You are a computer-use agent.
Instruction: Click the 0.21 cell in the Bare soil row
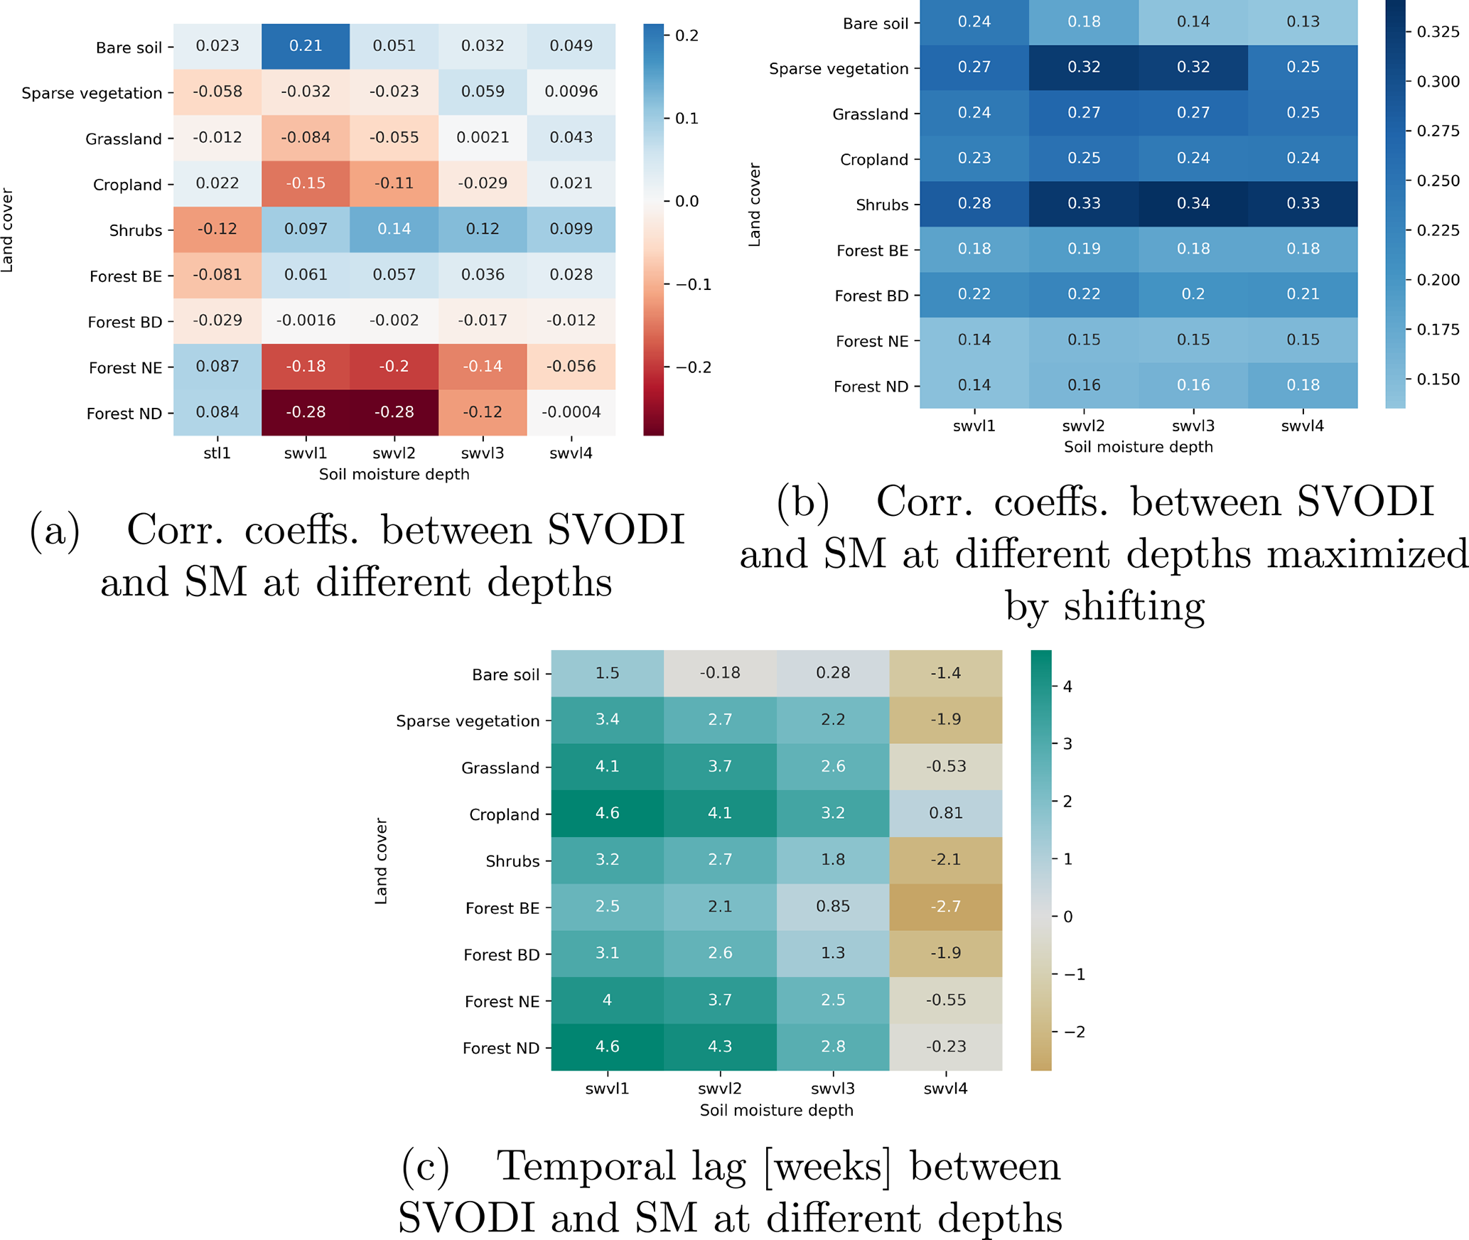pos(306,46)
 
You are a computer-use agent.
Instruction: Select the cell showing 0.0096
pos(571,92)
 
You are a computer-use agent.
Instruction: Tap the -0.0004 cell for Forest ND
pos(571,412)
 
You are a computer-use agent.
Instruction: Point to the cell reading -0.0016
pos(306,320)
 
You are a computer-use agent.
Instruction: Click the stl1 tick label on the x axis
pos(217,453)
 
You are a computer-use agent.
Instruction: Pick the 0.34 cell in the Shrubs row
pos(1193,204)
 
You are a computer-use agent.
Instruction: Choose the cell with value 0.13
pos(1302,22)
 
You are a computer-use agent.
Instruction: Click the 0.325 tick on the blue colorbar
pos(1438,32)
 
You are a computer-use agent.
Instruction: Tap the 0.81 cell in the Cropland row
pos(945,813)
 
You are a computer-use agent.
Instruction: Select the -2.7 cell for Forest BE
pos(945,907)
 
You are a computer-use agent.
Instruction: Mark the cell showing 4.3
pos(719,1047)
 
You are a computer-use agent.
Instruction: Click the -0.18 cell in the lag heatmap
pos(719,673)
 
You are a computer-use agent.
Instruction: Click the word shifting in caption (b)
pos(1134,606)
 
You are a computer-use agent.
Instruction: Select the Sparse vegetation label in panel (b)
pos(839,69)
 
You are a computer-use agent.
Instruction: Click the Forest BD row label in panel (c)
pos(501,955)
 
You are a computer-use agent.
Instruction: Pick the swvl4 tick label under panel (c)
pos(945,1089)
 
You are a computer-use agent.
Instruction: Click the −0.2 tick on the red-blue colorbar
pos(692,367)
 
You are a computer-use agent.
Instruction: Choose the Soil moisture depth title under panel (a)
pos(394,475)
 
